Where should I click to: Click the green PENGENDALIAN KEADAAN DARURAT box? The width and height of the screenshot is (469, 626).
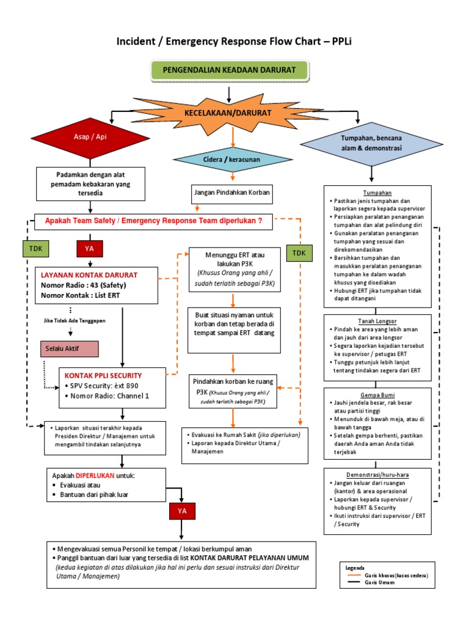click(228, 71)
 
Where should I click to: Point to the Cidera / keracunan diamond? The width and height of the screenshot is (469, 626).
click(233, 160)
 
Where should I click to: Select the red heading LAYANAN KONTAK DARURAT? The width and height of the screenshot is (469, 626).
click(89, 275)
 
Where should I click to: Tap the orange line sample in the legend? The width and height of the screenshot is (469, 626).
click(354, 576)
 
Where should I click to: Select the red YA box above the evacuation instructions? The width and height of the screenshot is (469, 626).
click(183, 510)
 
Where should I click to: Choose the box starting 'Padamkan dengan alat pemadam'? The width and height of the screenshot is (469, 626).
click(90, 183)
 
